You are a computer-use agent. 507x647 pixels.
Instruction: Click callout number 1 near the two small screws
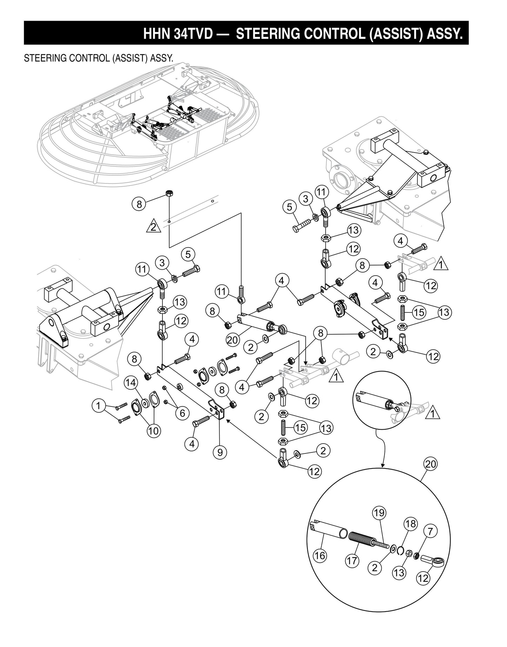tap(99, 406)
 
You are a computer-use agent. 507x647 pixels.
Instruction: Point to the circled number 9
tap(220, 452)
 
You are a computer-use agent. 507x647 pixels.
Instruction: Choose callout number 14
tap(131, 383)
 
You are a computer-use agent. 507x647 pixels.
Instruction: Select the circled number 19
tap(379, 513)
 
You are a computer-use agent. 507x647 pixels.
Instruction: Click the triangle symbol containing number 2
tap(153, 227)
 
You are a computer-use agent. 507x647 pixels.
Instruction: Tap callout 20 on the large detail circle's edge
tap(431, 464)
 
